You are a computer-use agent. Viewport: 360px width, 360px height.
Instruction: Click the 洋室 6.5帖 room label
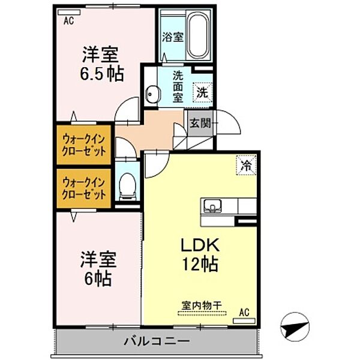[103, 64]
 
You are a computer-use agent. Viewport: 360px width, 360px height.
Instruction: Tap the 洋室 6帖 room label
[100, 269]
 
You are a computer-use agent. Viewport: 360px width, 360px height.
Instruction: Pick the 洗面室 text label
[178, 88]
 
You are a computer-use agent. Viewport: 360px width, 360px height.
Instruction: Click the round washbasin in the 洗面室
[153, 94]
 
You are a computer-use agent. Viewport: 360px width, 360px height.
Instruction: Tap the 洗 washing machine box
[202, 92]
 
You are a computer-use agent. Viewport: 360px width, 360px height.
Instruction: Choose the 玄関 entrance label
[200, 124]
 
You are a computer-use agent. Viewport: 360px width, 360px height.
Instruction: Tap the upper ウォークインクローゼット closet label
[84, 144]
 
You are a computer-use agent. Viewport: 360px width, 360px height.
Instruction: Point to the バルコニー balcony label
[157, 341]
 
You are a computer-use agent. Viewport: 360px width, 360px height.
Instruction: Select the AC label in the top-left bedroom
[70, 20]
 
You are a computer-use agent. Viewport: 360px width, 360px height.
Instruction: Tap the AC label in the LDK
[244, 311]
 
